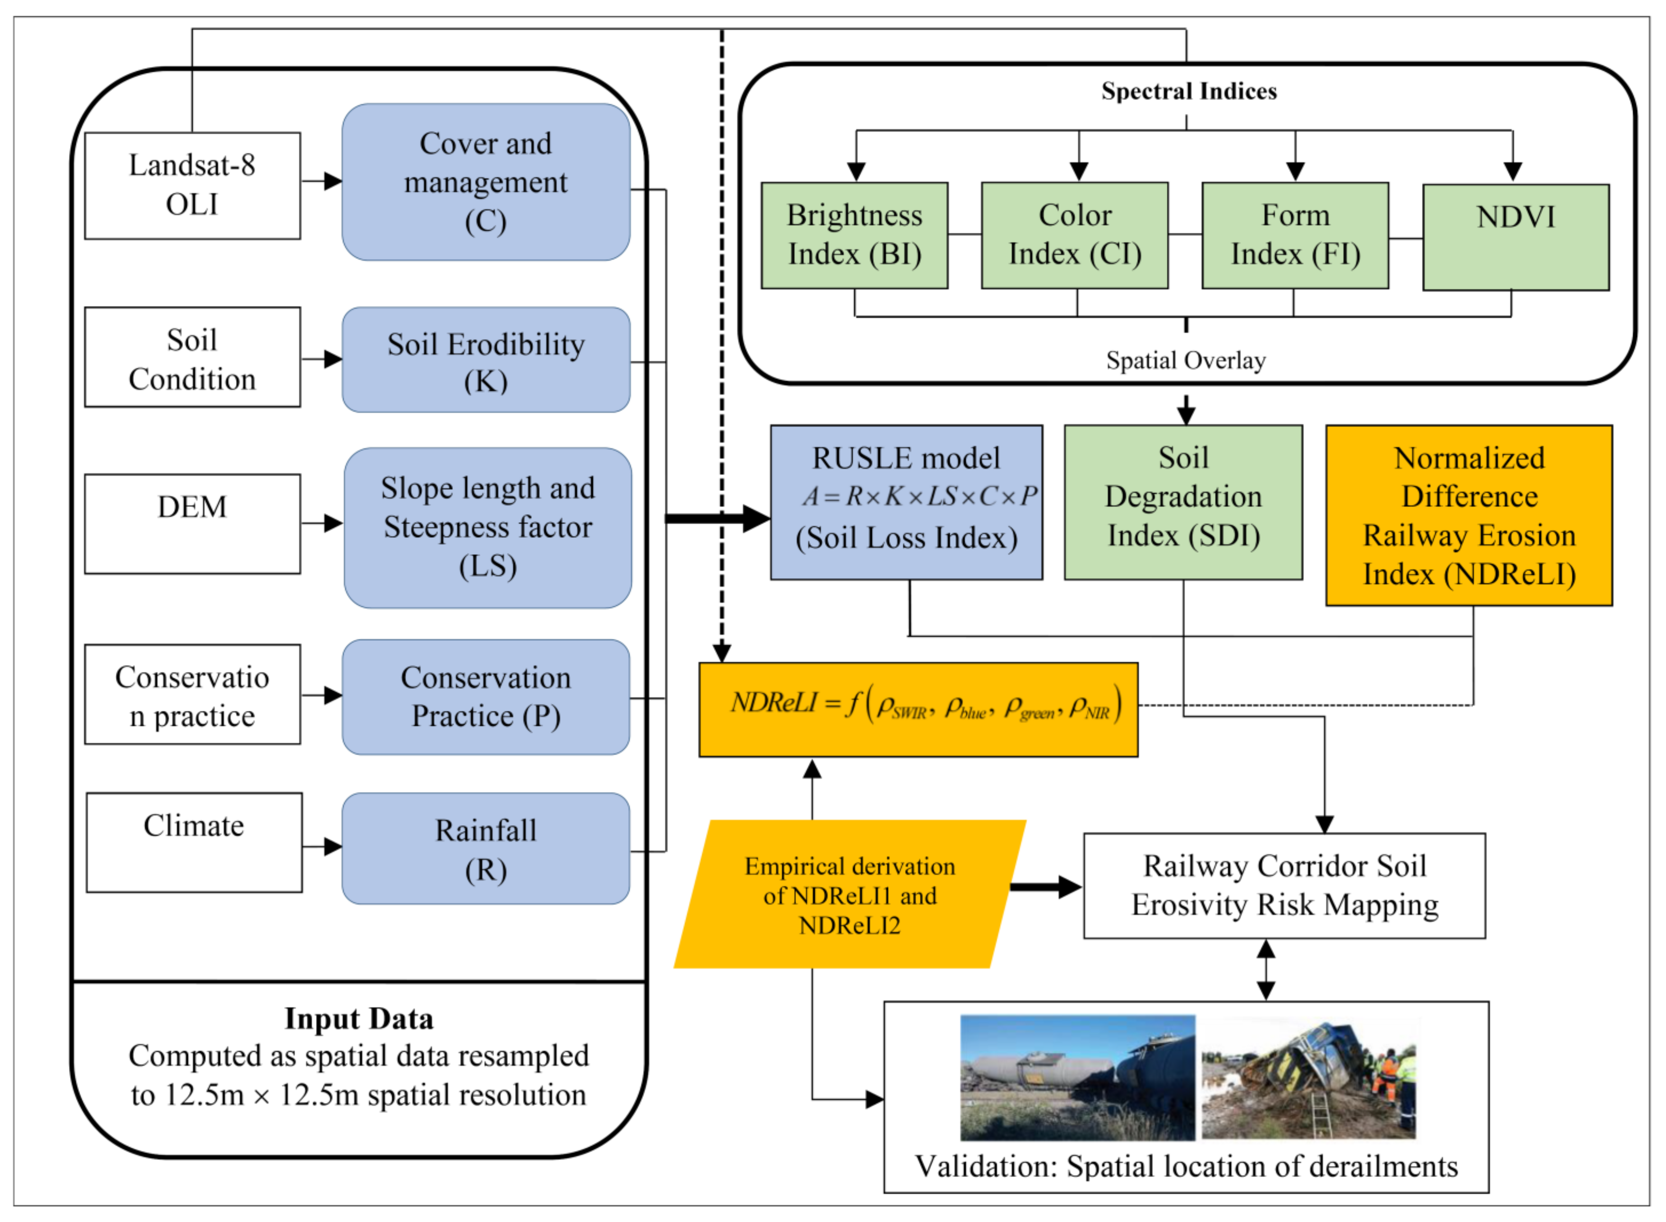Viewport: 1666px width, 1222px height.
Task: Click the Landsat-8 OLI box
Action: tap(192, 186)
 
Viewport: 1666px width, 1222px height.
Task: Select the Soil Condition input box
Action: tap(192, 357)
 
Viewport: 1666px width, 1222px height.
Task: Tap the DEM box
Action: tap(192, 524)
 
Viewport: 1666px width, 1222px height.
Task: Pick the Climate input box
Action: tap(194, 843)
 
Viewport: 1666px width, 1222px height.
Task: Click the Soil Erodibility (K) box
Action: tap(486, 360)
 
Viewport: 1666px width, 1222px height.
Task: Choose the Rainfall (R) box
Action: tap(486, 848)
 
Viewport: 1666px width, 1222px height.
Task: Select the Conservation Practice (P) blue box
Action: tap(486, 697)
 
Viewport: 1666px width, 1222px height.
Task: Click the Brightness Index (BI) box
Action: tap(854, 235)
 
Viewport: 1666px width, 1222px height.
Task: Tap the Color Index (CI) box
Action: tap(1075, 235)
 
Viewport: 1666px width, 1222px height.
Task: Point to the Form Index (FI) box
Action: tap(1295, 235)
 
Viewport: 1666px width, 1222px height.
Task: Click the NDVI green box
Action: tap(1516, 237)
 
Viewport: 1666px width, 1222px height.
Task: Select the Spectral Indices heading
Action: tap(1189, 91)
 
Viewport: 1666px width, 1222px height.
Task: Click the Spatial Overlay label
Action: tap(1186, 360)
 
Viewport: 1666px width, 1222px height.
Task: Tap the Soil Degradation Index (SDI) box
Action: tap(1184, 502)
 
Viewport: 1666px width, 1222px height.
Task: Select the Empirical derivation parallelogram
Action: tap(850, 894)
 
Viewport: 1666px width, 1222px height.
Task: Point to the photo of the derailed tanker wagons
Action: tap(1077, 1077)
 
